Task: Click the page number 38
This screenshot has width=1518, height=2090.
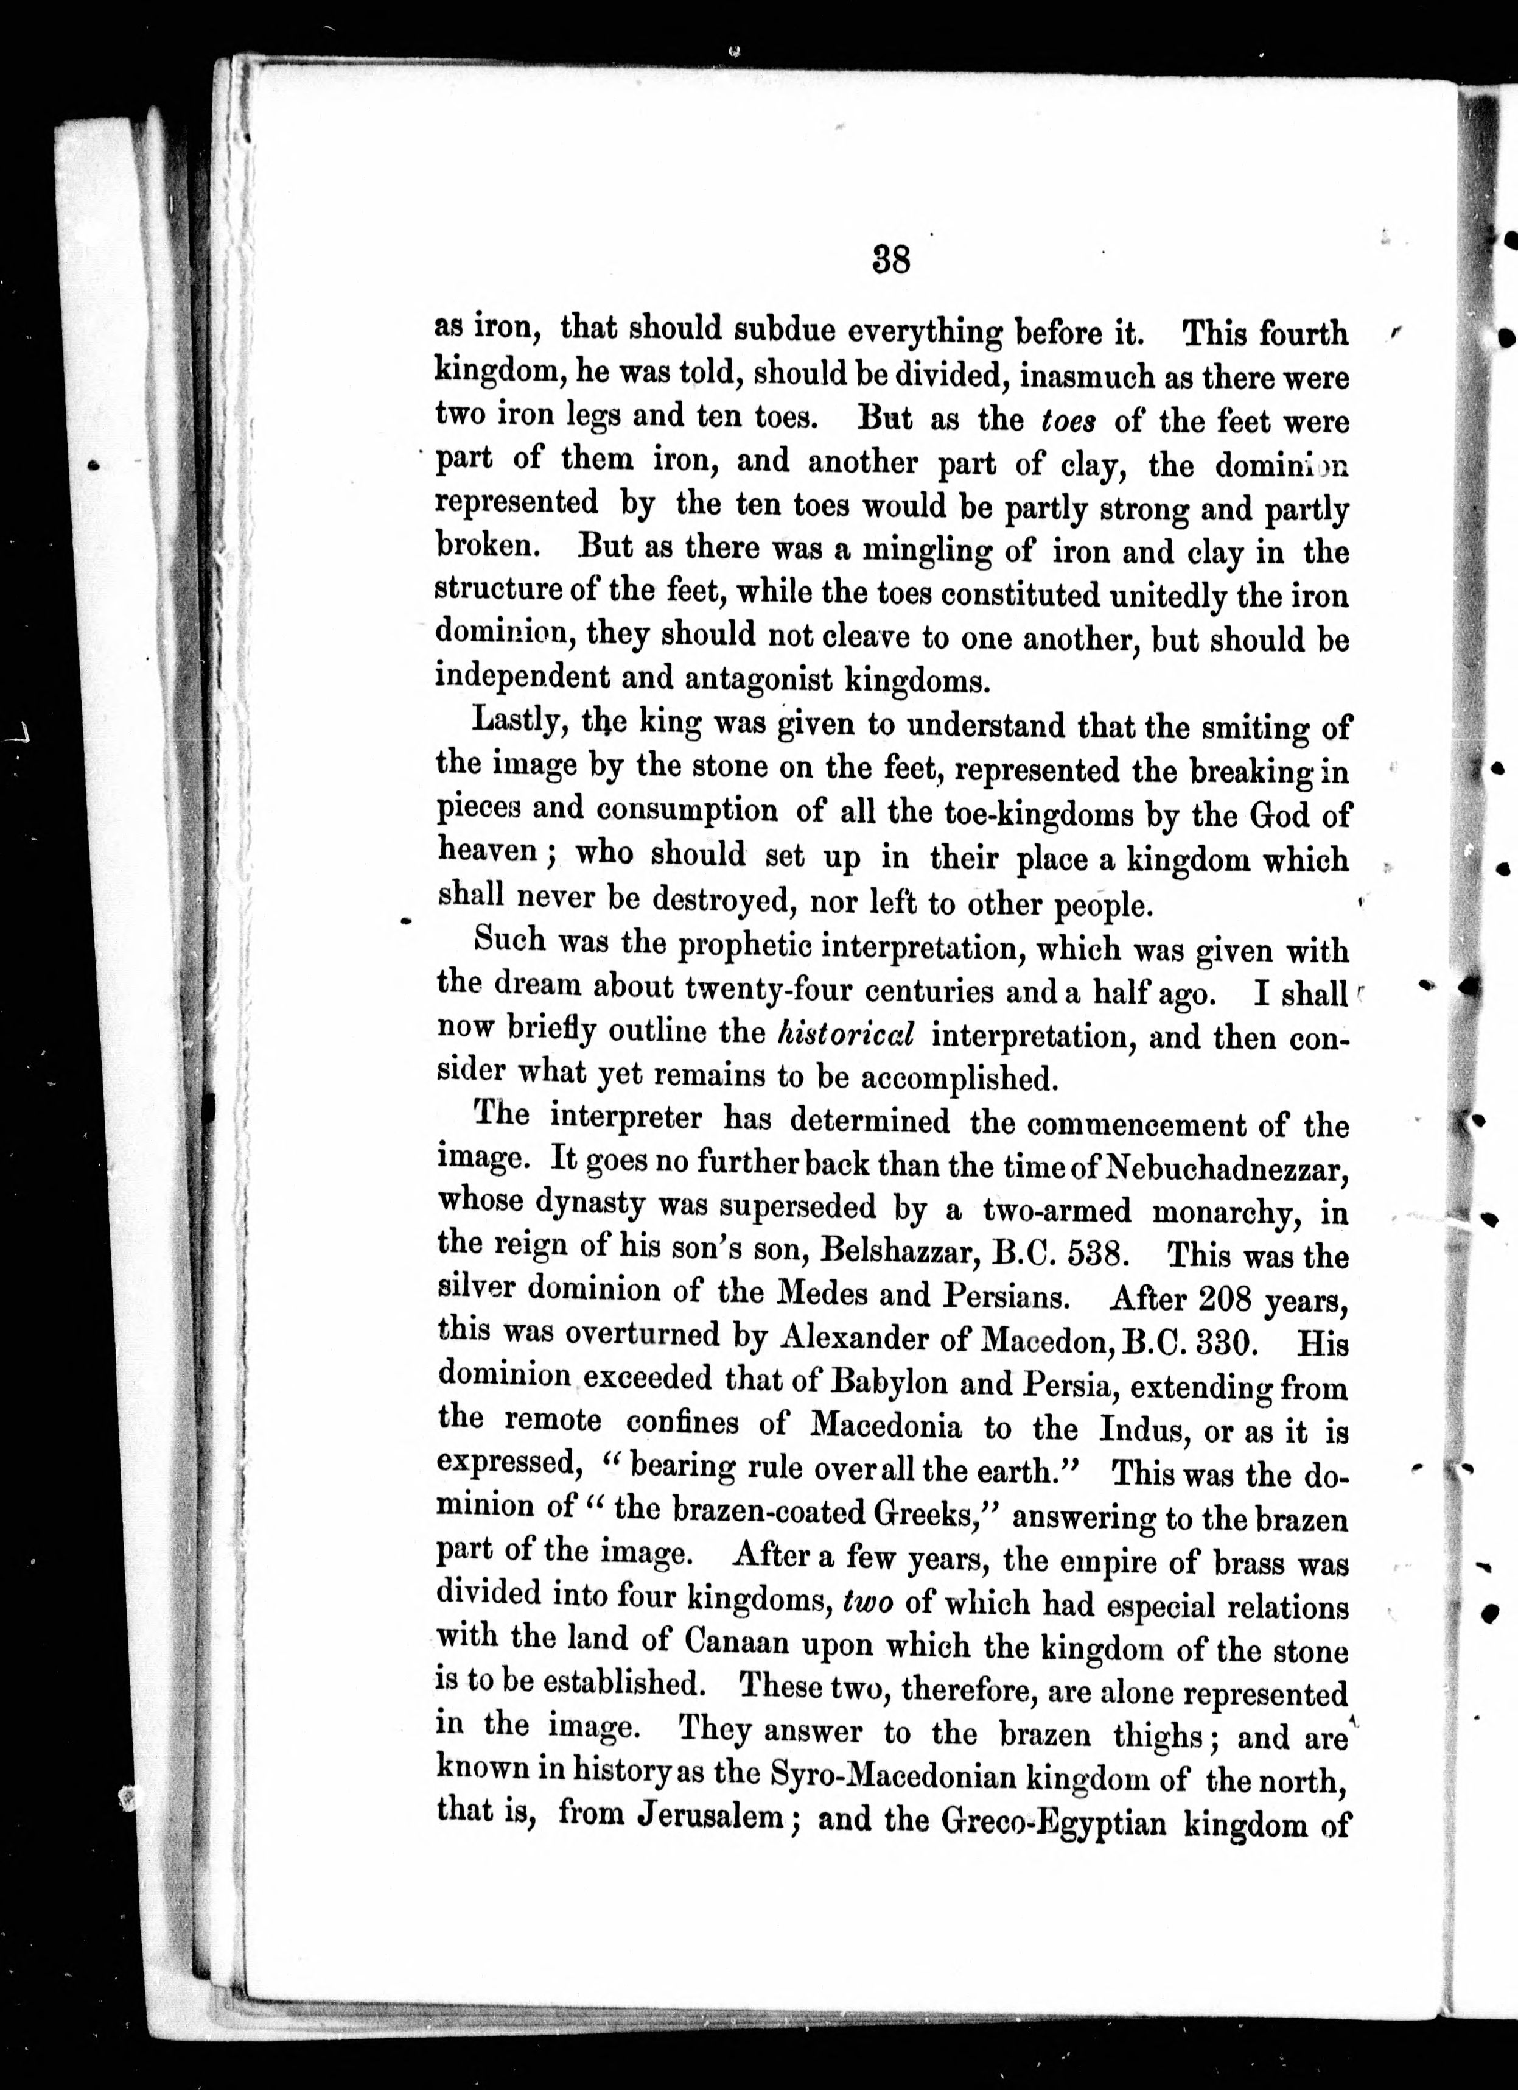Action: click(x=890, y=261)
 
